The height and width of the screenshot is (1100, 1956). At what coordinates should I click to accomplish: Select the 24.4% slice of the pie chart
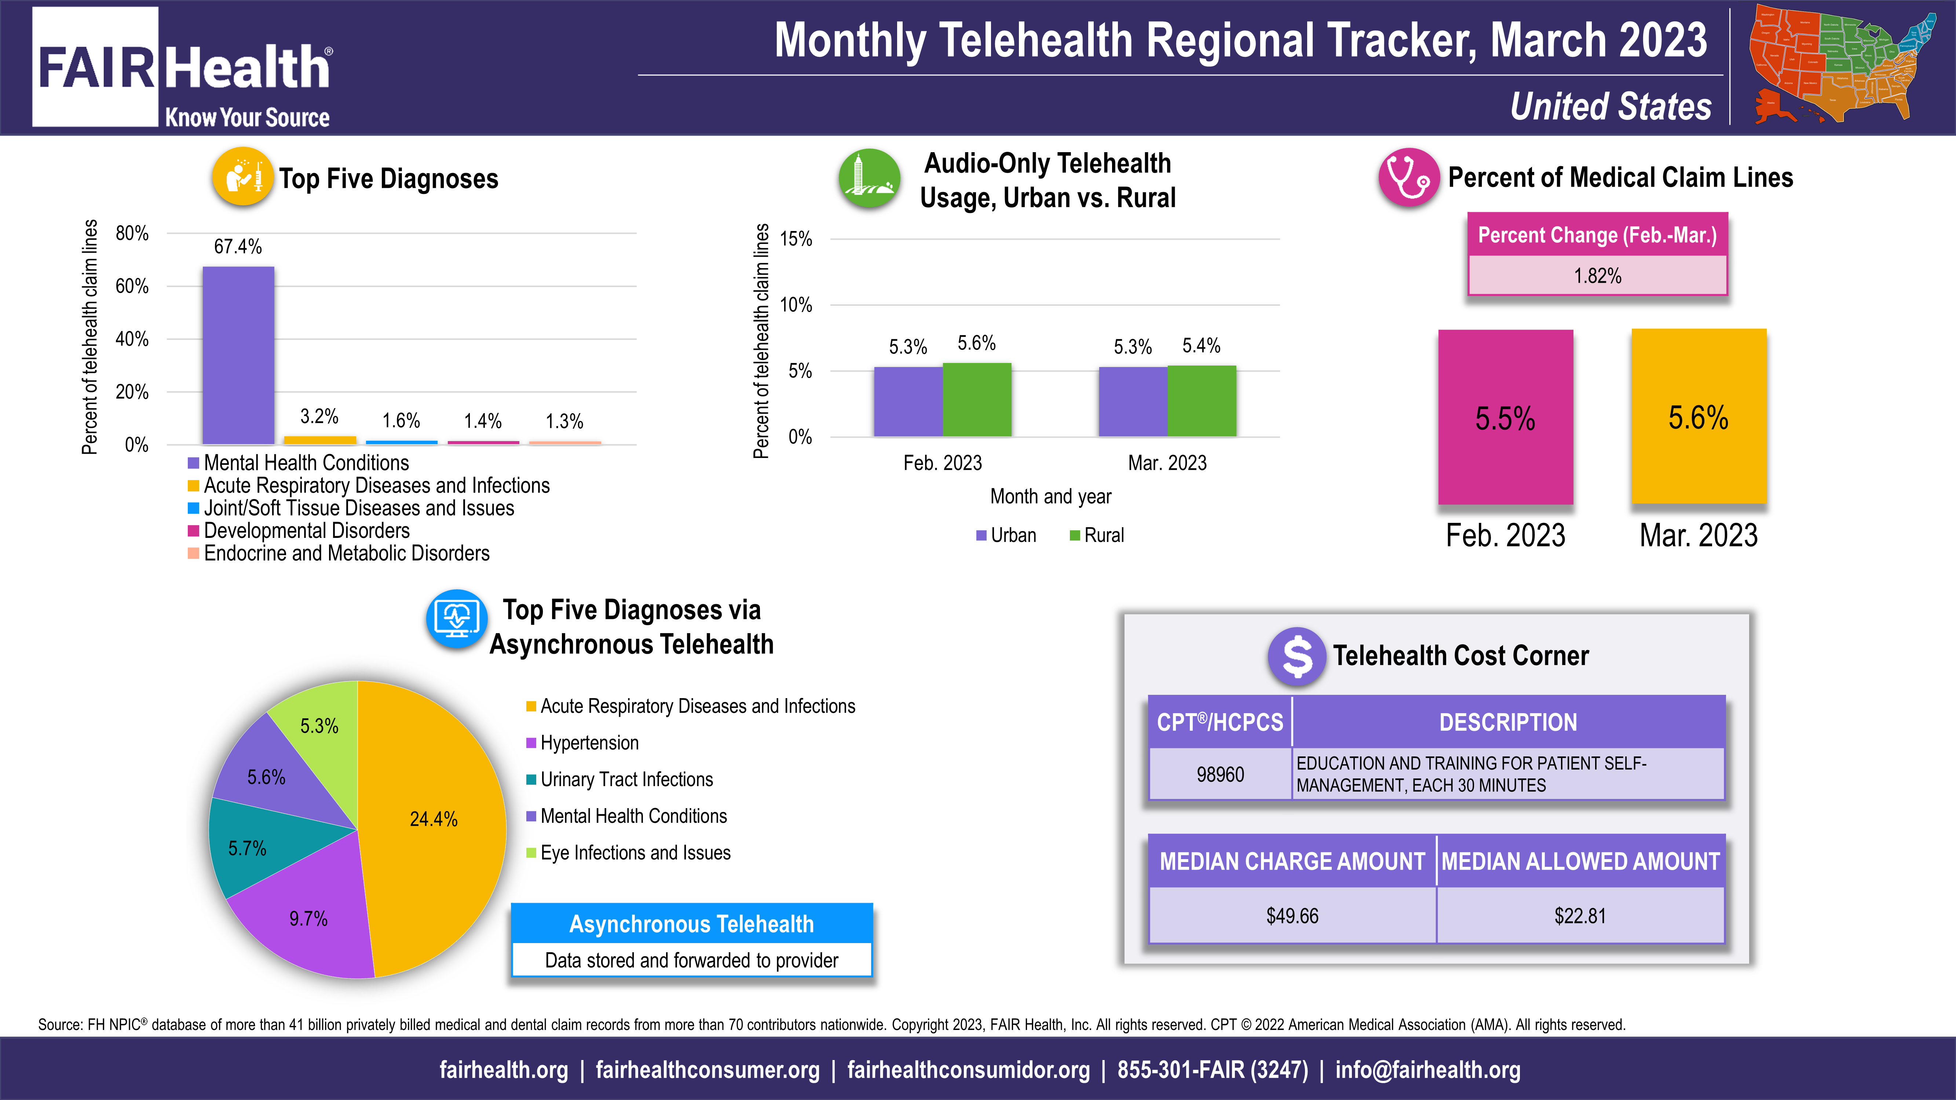point(433,820)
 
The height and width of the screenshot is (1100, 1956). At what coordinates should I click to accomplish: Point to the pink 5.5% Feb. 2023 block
point(1505,418)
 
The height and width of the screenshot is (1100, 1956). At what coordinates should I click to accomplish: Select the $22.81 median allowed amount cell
point(1580,916)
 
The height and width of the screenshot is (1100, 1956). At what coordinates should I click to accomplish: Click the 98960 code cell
point(1220,774)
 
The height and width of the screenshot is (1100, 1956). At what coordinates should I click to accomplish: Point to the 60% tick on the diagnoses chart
point(132,286)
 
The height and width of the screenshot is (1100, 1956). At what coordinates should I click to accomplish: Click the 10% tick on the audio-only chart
point(796,305)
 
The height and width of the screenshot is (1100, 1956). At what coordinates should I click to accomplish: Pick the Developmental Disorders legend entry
point(306,531)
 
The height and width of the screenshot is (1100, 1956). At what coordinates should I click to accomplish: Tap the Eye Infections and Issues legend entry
point(635,852)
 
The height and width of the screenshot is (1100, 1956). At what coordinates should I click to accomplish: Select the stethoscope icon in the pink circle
point(1408,177)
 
